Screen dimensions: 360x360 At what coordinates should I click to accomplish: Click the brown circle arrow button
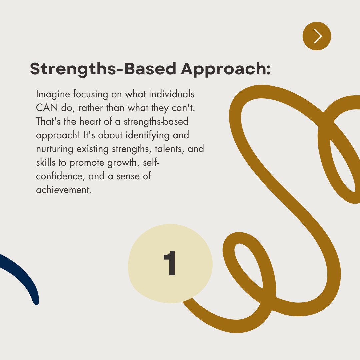[x=317, y=36]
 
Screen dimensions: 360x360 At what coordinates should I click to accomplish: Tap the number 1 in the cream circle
[x=170, y=264]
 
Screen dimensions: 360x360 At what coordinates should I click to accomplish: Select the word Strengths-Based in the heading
[x=103, y=69]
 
